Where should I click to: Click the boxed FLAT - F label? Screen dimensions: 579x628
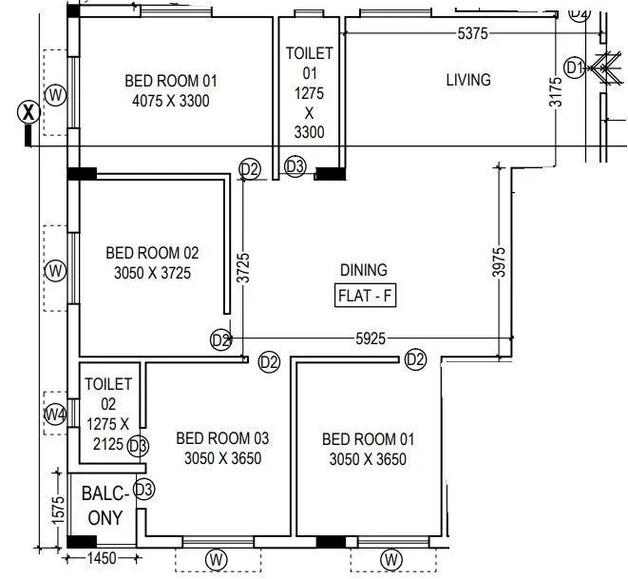(366, 296)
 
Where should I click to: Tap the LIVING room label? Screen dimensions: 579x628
(468, 80)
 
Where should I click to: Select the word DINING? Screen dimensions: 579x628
(364, 271)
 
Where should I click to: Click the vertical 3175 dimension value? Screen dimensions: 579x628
(557, 92)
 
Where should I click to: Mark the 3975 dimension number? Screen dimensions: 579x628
(499, 261)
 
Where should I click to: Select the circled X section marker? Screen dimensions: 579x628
(29, 111)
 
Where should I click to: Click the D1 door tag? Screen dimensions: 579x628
(575, 68)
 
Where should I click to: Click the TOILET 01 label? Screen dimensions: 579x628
(310, 92)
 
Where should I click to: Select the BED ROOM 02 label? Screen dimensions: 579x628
(152, 262)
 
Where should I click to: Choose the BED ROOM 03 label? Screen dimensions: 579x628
(223, 448)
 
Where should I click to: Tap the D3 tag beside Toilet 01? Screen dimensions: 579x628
(295, 167)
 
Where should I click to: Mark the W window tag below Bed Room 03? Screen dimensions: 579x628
(217, 557)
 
